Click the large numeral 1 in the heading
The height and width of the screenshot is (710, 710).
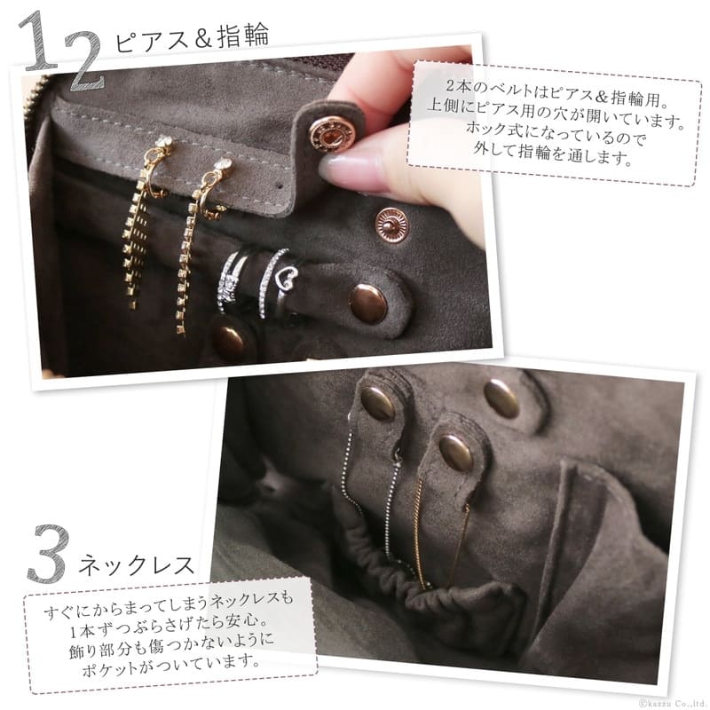pos(41,43)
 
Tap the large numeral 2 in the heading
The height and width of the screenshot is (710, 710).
pos(83,60)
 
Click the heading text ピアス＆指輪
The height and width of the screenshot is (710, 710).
pos(192,36)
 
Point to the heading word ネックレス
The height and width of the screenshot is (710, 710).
pos(136,565)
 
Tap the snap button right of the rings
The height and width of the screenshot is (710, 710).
pos(368,304)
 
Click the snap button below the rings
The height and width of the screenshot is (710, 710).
pos(231,340)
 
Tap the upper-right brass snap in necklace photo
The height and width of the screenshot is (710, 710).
pos(501,398)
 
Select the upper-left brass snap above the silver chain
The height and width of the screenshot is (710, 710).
pos(378,404)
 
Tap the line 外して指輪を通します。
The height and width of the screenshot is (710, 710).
pos(552,154)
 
